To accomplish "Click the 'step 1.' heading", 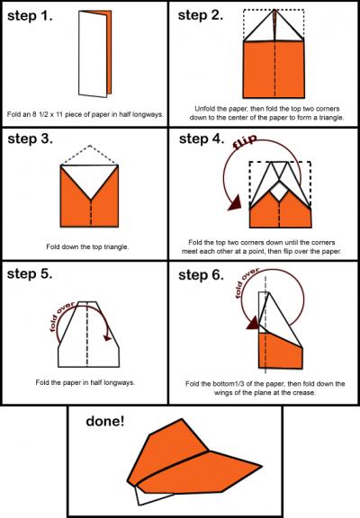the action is [x=30, y=16].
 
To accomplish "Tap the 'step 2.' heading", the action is [x=201, y=15].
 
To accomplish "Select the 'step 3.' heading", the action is [x=30, y=138].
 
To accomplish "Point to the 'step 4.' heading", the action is [x=202, y=138].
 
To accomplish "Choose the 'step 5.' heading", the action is [x=30, y=273].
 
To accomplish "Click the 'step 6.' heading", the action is [x=201, y=275].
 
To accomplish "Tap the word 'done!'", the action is [x=105, y=421].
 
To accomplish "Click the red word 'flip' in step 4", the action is [x=244, y=141].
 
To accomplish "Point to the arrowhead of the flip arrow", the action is [x=235, y=203].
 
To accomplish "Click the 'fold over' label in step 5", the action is [x=61, y=316].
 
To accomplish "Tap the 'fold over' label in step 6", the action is [x=246, y=282].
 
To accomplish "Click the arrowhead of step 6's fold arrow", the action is [x=253, y=323].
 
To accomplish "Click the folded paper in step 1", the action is [x=94, y=54].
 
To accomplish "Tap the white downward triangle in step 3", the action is [x=90, y=178].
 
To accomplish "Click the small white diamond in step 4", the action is [x=279, y=192].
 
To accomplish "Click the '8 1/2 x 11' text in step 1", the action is [x=48, y=114].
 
